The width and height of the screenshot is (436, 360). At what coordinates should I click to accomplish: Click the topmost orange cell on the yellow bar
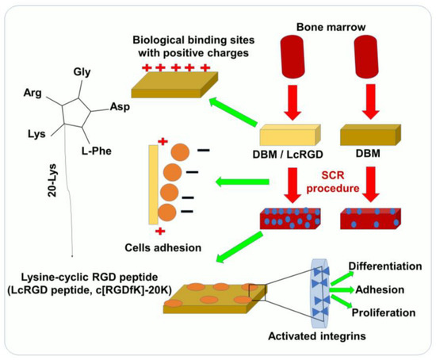179,154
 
